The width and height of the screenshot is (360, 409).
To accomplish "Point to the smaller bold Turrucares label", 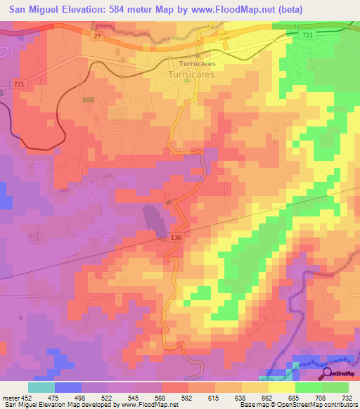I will click(197, 62).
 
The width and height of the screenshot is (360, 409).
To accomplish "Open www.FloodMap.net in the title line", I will click(238, 10).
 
